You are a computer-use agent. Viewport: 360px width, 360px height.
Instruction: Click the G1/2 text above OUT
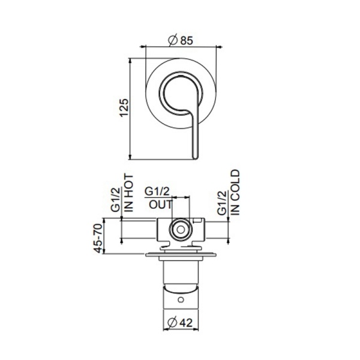coord(158,191)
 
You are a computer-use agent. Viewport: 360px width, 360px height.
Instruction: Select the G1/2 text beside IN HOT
coord(116,200)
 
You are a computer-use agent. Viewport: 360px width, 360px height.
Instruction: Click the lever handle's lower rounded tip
coord(195,155)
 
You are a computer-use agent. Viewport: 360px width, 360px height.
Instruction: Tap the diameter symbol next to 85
coord(171,41)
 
